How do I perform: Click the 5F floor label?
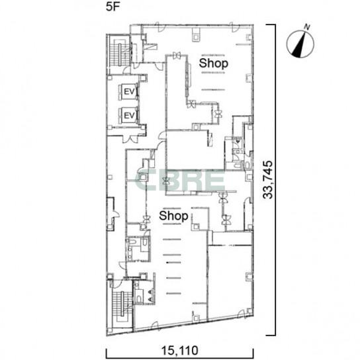(x=112, y=7)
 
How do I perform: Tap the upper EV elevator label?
(x=129, y=91)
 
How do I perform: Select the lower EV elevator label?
(x=129, y=115)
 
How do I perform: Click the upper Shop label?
(x=214, y=64)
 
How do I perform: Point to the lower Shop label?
(x=173, y=216)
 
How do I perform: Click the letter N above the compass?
(x=307, y=27)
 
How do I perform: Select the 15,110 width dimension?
(x=179, y=351)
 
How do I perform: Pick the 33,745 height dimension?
(x=268, y=180)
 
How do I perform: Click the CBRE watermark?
(x=180, y=180)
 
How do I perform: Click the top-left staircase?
(x=119, y=54)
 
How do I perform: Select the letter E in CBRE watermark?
(x=216, y=180)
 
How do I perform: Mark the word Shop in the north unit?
(x=214, y=64)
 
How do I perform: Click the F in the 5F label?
(x=116, y=7)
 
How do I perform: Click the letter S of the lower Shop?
(x=163, y=216)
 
